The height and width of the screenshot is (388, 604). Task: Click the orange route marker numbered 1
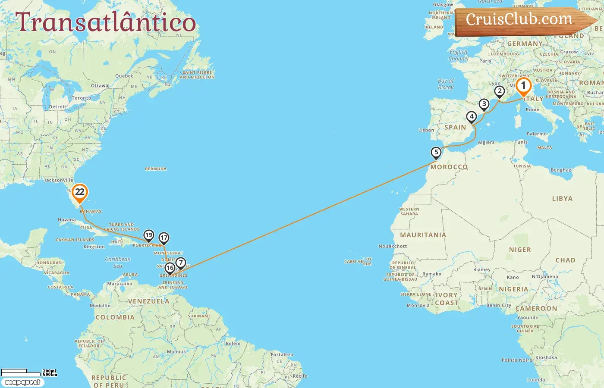[523, 86]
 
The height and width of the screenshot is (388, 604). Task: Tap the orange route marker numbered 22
[80, 192]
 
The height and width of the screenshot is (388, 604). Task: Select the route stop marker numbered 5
[436, 153]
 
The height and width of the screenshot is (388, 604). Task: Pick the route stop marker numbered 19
[149, 235]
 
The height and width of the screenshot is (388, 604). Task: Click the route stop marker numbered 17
[164, 238]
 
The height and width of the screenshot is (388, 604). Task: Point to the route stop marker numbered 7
[181, 263]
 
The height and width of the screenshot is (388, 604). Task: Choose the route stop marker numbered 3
[484, 104]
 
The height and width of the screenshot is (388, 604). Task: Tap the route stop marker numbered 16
[170, 268]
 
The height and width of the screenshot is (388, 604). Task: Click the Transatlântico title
[106, 22]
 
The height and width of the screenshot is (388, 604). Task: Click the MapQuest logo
[22, 382]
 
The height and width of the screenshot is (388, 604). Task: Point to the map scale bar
[28, 372]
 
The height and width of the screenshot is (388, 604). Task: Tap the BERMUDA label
[156, 169]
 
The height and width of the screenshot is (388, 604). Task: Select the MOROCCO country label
[449, 167]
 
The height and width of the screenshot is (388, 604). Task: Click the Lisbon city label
[426, 130]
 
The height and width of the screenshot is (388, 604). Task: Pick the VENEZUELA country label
[149, 301]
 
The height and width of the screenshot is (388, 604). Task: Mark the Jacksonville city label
[59, 180]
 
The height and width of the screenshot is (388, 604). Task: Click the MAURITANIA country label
[423, 235]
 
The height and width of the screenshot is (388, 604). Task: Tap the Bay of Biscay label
[446, 84]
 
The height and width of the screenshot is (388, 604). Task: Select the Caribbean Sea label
[118, 262]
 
